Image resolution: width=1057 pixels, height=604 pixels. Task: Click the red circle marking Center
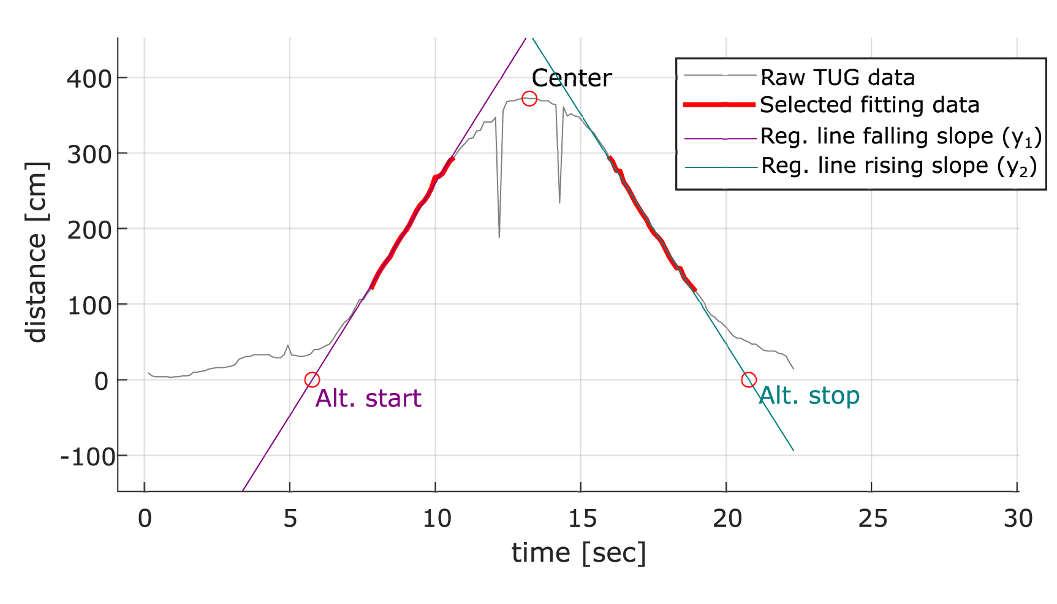(529, 98)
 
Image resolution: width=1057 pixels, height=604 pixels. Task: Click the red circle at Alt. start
(312, 380)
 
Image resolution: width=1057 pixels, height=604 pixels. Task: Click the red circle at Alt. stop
(748, 380)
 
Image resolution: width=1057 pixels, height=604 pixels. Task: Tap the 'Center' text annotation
(571, 78)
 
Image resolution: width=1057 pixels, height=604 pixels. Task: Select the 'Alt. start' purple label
(368, 399)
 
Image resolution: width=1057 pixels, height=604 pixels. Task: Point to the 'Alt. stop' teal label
(809, 396)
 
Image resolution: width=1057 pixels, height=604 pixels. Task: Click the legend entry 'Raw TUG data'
(837, 78)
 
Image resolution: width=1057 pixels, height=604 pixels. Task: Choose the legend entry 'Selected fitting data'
(869, 105)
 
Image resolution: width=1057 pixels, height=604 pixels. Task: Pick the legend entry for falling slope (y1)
(900, 136)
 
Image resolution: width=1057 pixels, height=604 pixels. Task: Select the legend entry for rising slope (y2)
(898, 166)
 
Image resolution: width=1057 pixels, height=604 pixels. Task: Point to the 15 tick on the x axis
(582, 519)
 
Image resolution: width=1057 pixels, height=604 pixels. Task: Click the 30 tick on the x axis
(1018, 519)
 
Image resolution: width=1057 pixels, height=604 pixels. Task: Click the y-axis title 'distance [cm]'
(37, 253)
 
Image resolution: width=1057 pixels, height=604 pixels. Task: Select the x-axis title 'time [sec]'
(578, 553)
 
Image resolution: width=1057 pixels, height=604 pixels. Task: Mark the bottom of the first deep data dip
(499, 237)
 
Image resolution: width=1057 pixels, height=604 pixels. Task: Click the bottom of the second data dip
(559, 202)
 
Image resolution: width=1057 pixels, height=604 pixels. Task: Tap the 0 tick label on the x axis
(145, 519)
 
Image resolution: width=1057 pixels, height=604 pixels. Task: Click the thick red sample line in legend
(719, 105)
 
